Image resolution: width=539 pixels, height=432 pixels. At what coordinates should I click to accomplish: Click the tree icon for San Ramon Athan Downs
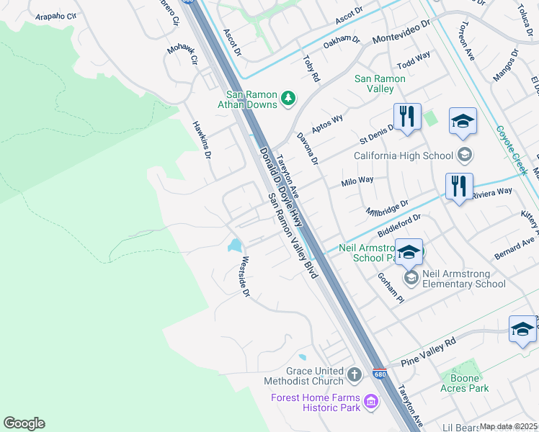click(x=288, y=97)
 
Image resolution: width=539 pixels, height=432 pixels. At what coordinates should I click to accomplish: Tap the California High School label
click(x=403, y=156)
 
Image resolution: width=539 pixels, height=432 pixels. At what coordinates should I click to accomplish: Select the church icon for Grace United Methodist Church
click(x=354, y=374)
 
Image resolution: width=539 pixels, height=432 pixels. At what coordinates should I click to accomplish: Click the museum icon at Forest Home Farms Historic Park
click(x=371, y=401)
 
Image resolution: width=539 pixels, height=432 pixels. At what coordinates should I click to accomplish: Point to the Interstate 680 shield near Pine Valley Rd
click(x=380, y=375)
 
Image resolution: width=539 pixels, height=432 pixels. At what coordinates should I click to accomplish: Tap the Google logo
click(x=24, y=423)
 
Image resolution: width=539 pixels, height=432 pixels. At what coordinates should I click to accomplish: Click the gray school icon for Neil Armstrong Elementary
click(x=411, y=278)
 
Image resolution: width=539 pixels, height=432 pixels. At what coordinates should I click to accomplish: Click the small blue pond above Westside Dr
click(x=235, y=246)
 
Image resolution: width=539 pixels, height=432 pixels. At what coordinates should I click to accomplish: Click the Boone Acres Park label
click(x=465, y=383)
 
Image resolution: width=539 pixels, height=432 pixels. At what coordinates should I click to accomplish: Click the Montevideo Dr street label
click(x=401, y=32)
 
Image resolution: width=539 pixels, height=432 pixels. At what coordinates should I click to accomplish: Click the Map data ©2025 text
click(x=509, y=426)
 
